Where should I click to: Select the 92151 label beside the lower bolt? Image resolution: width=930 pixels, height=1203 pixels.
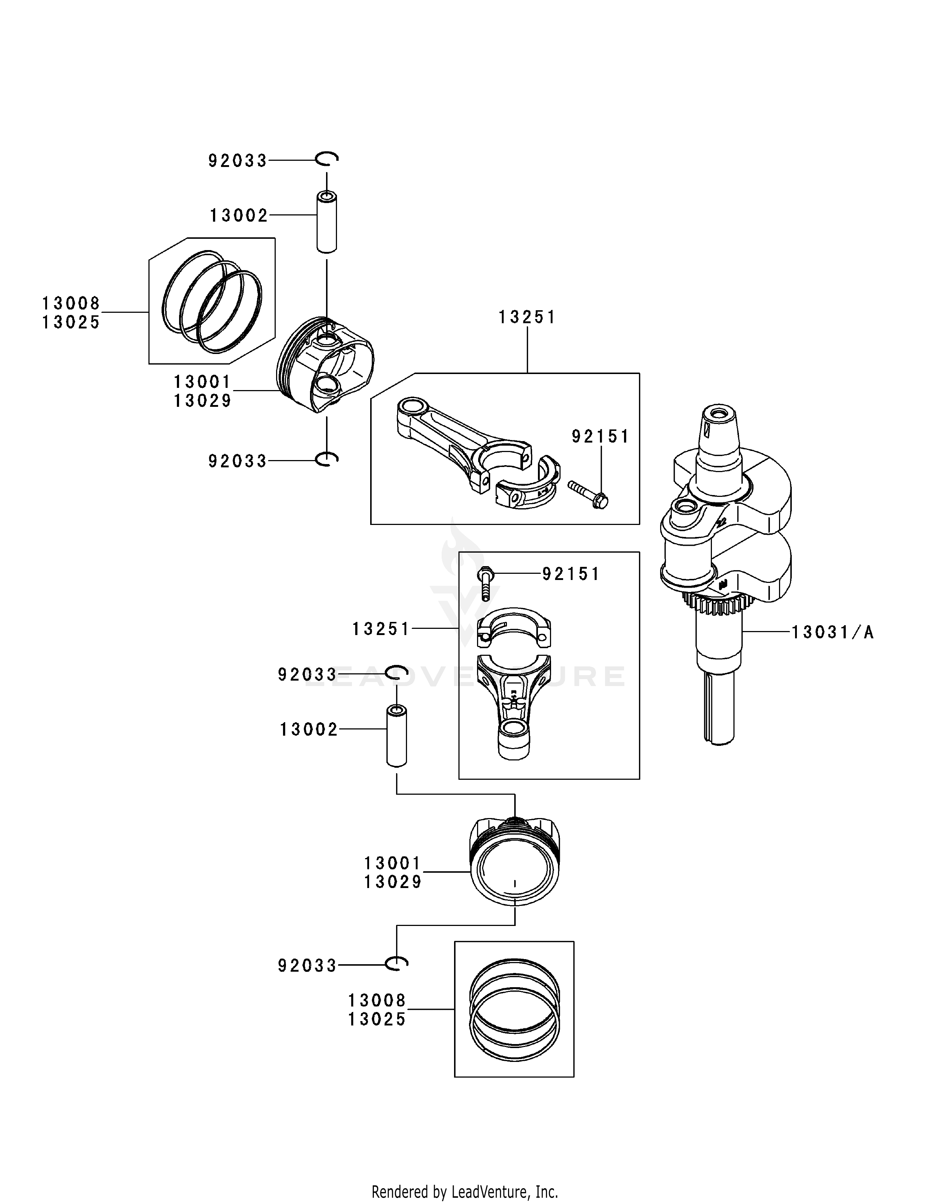571,574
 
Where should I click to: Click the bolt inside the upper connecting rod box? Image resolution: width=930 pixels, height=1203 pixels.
588,494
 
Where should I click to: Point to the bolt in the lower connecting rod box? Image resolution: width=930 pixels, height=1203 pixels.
485,583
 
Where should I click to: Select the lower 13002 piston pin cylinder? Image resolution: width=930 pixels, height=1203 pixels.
396,736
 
